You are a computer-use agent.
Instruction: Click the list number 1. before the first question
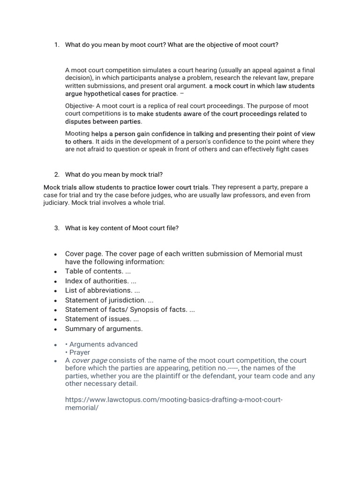56,45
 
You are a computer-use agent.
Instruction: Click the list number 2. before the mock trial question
56,174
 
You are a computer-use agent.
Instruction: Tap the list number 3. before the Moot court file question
56,228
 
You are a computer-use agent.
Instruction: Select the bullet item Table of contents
94,271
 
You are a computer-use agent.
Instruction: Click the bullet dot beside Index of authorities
55,281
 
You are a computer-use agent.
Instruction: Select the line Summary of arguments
104,329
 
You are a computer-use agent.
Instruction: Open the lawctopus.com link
173,400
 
